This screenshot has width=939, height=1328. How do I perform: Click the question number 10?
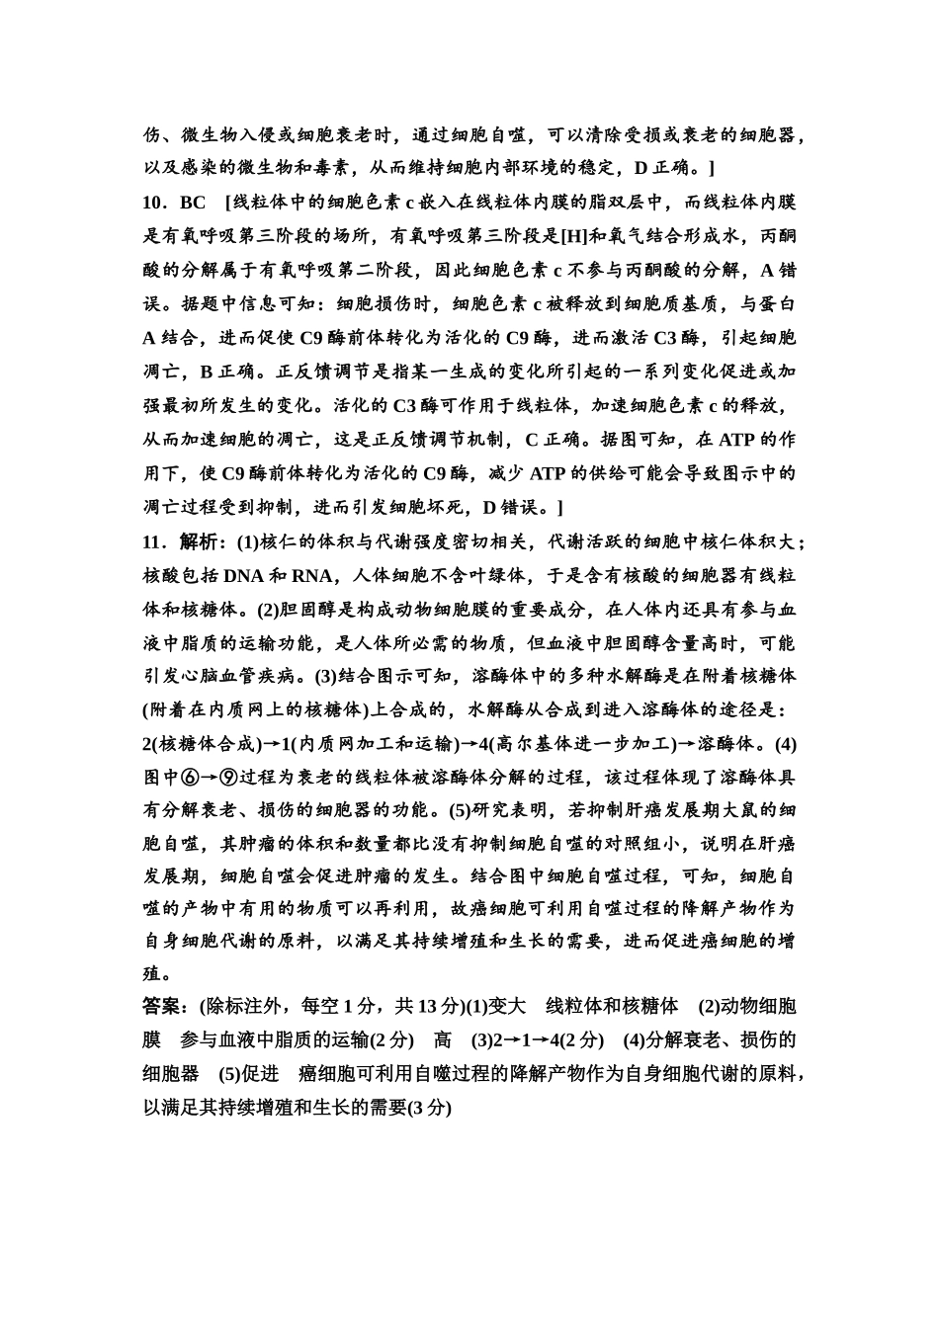[x=155, y=203]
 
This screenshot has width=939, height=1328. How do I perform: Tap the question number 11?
[x=155, y=541]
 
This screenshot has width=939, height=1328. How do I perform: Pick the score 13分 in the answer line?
[x=441, y=1007]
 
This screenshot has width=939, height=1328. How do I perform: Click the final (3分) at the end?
[x=430, y=1108]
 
